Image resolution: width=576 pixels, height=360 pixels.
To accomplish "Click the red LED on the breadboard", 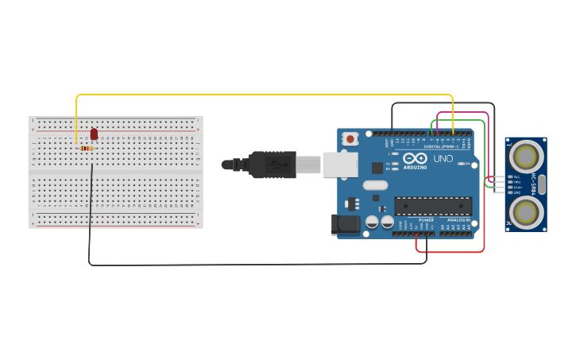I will tap(94, 134).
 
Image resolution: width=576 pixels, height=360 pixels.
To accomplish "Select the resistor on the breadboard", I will tap(87, 148).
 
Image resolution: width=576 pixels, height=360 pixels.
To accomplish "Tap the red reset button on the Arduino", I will tap(350, 139).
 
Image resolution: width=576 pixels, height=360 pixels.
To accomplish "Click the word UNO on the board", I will tap(443, 158).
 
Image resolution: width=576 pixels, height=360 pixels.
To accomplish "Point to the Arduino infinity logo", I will tap(415, 157).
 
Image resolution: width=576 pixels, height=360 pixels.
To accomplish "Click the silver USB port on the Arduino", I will tap(340, 165).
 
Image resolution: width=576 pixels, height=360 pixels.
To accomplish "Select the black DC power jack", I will tap(346, 224).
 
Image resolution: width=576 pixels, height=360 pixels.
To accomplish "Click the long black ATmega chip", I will tap(433, 206).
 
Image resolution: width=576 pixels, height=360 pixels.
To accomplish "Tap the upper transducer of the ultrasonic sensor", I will tap(525, 153).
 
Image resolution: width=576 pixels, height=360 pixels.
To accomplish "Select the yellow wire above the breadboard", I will tap(262, 95).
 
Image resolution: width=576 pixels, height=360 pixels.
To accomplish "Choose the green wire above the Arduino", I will tap(457, 120).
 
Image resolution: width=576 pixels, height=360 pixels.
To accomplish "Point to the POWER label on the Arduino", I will tap(424, 219).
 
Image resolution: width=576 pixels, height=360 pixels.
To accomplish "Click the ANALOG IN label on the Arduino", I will tap(458, 219).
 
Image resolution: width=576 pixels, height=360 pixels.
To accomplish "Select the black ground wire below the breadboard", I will tap(238, 264).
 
